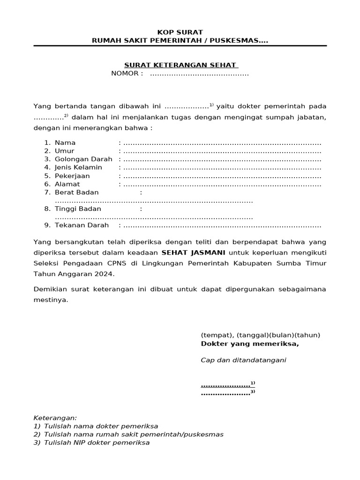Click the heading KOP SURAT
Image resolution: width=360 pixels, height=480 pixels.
click(x=180, y=32)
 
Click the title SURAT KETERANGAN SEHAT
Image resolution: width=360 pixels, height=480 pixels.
click(x=180, y=65)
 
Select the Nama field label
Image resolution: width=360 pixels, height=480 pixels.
click(x=65, y=142)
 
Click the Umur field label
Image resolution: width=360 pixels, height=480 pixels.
click(x=65, y=151)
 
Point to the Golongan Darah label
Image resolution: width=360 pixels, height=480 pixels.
click(x=83, y=159)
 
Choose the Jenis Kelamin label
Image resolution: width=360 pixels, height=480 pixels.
click(x=78, y=167)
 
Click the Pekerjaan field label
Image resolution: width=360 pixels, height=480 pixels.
click(x=72, y=176)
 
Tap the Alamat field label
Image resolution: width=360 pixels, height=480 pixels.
click(x=67, y=184)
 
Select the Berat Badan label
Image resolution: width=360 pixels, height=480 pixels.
click(x=77, y=192)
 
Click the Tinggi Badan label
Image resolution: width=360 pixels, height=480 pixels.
click(x=78, y=209)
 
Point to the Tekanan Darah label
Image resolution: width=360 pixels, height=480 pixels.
click(x=82, y=225)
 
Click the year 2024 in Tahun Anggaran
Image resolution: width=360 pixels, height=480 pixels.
click(x=105, y=274)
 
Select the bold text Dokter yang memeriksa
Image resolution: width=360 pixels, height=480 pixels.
click(x=249, y=344)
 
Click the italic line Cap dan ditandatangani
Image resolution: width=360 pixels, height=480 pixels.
click(x=243, y=360)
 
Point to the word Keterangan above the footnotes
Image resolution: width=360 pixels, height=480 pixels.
click(x=55, y=418)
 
